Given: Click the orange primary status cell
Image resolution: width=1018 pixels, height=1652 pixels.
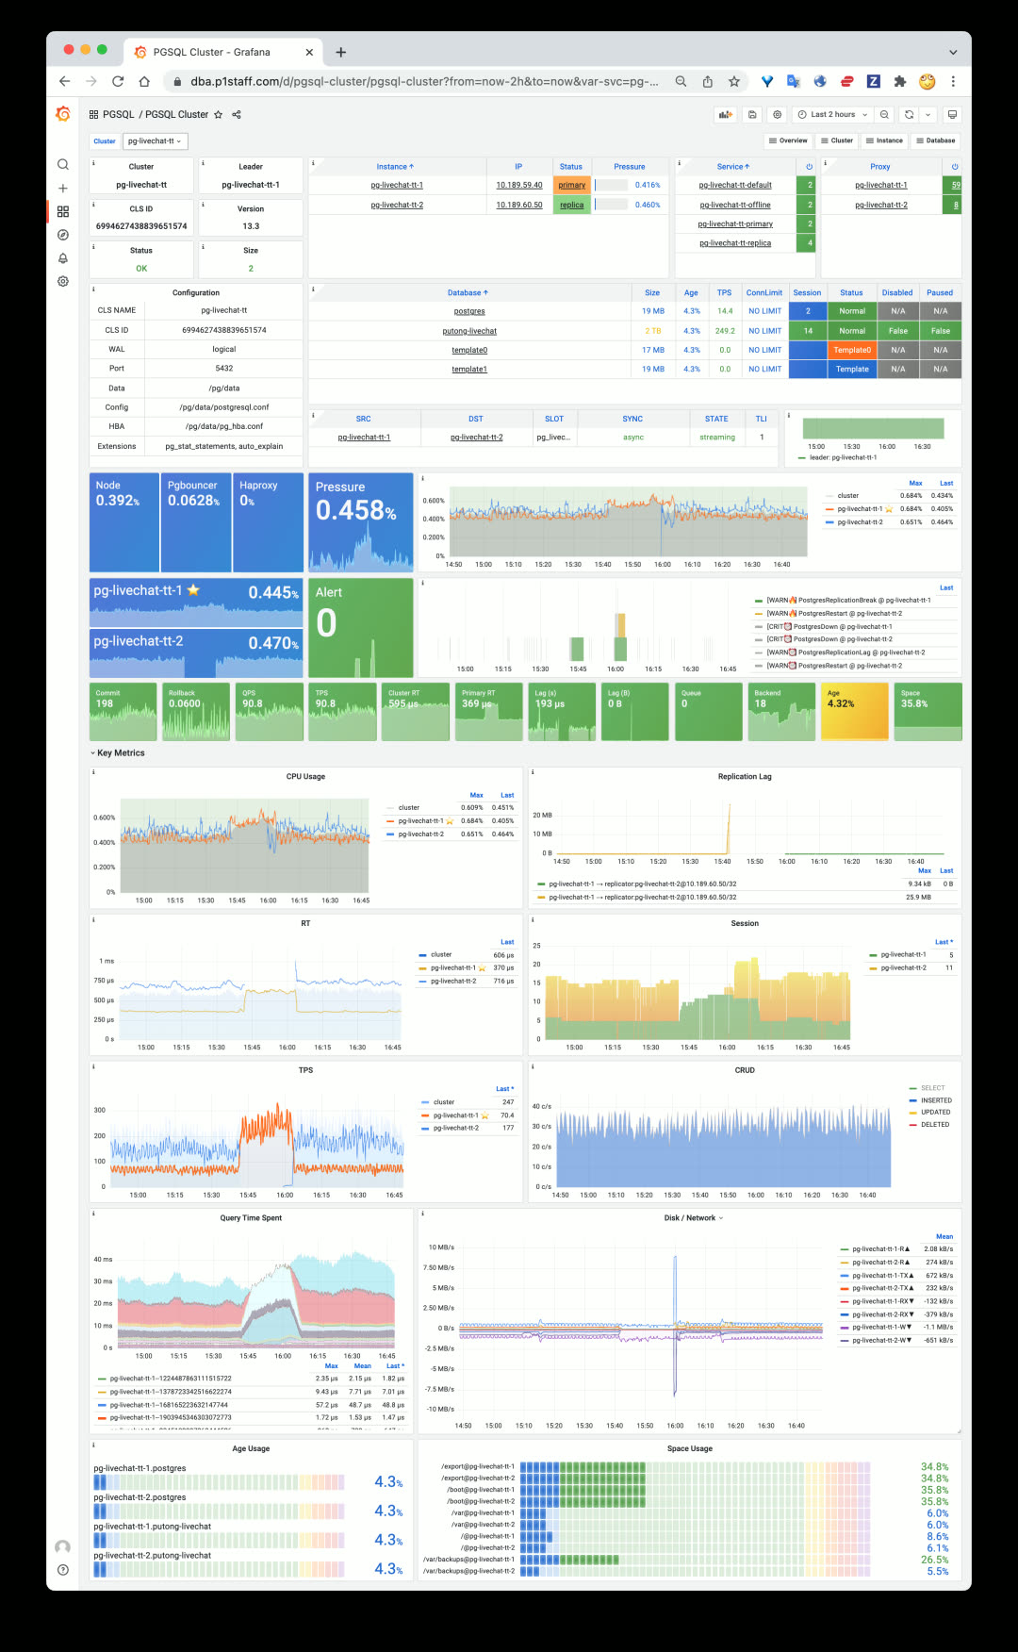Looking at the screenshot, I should (571, 185).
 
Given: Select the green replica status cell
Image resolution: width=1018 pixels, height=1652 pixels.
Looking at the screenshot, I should (571, 205).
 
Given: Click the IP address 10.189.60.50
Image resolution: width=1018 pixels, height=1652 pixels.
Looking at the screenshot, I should (519, 205).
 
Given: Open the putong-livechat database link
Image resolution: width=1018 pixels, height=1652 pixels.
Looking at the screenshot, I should (469, 331).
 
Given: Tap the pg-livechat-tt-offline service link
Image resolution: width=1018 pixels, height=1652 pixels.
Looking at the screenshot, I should (735, 205).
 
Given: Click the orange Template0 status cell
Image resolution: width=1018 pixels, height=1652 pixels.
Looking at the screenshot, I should (852, 350).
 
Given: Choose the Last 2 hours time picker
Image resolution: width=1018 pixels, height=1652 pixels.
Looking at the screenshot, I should (832, 114).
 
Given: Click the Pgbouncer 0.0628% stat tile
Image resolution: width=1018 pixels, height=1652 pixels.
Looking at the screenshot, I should (196, 521).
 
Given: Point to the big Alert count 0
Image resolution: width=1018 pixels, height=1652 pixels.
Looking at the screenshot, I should (326, 623).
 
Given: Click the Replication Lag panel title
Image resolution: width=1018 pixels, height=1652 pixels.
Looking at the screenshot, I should (745, 777).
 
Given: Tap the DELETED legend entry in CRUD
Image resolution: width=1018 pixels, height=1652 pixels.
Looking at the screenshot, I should (935, 1125).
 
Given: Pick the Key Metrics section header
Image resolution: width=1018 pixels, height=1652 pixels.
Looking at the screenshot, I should (121, 753).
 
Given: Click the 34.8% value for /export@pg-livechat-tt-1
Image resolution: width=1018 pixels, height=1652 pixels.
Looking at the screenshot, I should (934, 1467).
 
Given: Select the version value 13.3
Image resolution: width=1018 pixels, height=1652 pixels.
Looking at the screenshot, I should (251, 226).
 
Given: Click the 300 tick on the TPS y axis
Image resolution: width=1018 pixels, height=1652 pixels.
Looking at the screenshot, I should (100, 1110).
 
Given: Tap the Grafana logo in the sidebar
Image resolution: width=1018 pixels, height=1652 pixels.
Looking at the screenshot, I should (63, 114).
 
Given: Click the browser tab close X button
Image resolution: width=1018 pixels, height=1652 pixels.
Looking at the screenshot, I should (309, 52).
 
